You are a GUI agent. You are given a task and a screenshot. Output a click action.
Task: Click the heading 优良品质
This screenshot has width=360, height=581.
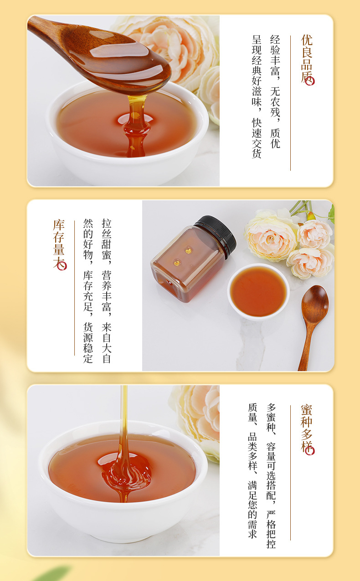point(307,59)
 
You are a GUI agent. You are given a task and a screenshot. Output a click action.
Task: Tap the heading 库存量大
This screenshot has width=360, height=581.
point(59,244)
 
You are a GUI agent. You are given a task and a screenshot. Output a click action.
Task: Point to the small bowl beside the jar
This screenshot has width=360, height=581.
point(258,292)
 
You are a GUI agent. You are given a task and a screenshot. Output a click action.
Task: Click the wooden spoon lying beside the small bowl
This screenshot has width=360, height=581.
point(313,324)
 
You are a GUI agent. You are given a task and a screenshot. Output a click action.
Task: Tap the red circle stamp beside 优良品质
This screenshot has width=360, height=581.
point(310,81)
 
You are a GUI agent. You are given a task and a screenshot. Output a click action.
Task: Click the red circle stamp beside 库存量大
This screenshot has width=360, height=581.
point(62,266)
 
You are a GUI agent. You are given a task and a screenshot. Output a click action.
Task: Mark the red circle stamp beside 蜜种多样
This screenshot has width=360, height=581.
point(310,450)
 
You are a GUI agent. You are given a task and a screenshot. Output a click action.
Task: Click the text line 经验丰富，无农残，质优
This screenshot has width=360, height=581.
point(275,92)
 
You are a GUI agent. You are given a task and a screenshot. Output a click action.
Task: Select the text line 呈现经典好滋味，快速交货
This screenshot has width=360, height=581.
point(257,97)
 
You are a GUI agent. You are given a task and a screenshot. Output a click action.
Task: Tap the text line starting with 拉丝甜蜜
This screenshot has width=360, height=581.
point(107,291)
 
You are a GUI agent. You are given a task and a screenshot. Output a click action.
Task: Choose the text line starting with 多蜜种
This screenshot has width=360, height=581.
point(271,476)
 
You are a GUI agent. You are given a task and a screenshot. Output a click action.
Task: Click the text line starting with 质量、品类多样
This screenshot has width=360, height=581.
point(252,470)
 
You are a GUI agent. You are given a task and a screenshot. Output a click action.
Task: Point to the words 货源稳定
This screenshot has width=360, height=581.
point(88,343)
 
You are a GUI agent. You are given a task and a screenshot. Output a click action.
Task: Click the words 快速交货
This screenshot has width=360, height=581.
point(257,138)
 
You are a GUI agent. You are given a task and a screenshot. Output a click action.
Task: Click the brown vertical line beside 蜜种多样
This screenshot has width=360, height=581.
point(290,473)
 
